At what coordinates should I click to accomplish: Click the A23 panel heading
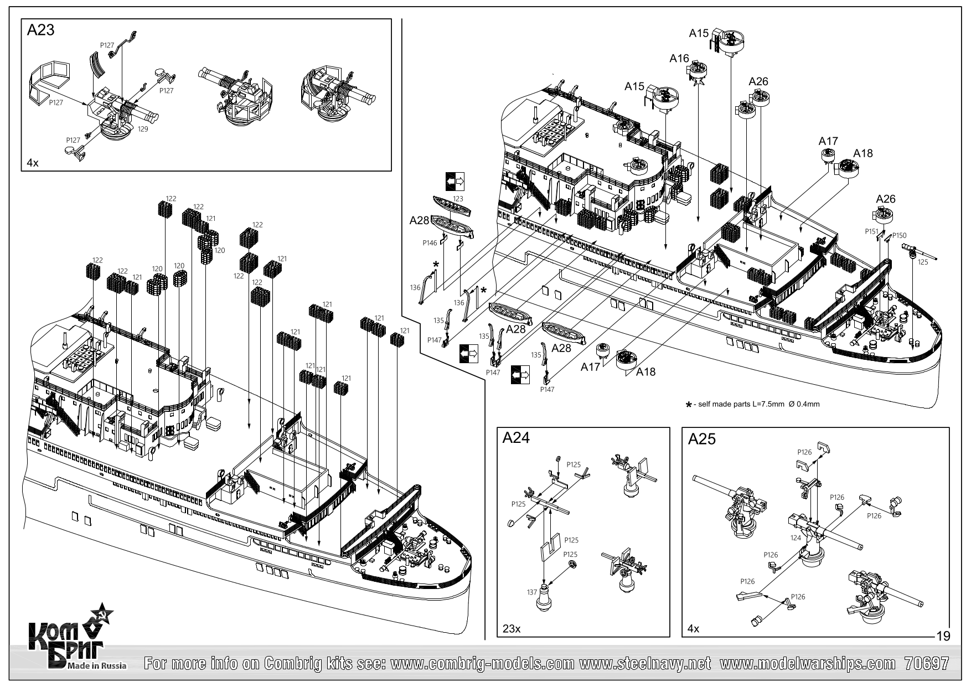pos(41,30)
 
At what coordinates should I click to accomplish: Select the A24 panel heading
pos(516,438)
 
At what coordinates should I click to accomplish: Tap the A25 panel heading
pos(702,439)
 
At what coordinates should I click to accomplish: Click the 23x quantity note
pos(511,629)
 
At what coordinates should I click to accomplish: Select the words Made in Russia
pos(96,665)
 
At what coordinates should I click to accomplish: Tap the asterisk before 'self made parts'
pos(689,405)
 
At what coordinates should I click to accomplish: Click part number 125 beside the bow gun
pos(922,262)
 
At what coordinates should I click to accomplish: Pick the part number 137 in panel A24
pos(532,592)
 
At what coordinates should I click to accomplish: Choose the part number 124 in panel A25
pos(796,538)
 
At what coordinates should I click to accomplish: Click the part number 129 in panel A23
pos(143,128)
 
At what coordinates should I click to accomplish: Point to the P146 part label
pos(430,242)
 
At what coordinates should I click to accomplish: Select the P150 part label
pos(900,235)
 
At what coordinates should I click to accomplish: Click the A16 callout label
pos(679,59)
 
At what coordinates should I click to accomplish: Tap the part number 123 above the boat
pos(458,198)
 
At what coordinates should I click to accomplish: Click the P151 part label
pos(872,231)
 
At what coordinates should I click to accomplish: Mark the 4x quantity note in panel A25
pos(693,629)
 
